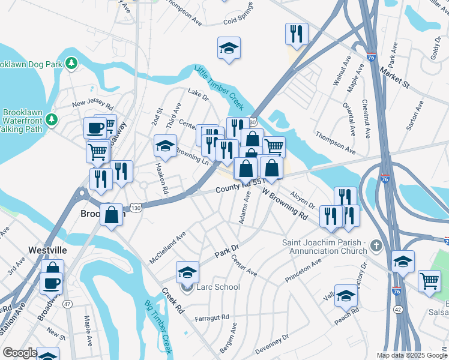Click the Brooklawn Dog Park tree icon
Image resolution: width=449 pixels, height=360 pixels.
(x=72, y=62)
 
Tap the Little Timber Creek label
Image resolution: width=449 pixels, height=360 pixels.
(x=219, y=88)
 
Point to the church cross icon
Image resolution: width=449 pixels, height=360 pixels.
(x=376, y=245)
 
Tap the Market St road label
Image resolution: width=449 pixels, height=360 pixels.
(x=394, y=77)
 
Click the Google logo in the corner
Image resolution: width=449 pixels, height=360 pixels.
(x=19, y=353)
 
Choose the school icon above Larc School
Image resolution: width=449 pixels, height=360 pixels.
(x=187, y=272)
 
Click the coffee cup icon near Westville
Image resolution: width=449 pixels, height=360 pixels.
(x=51, y=282)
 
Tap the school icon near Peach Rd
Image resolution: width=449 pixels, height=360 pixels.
(x=346, y=295)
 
